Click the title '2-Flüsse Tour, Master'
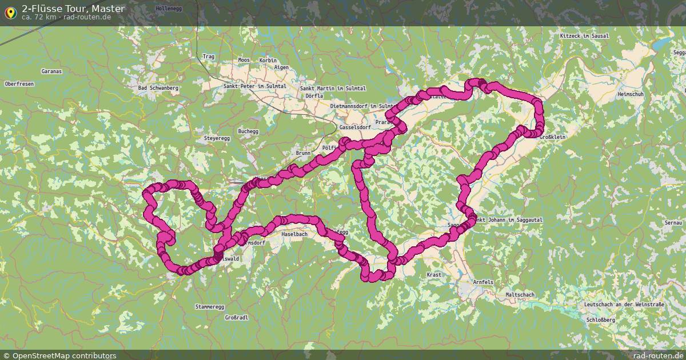73,8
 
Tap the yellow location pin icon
10,11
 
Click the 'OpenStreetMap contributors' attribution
64,355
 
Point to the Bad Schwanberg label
158,89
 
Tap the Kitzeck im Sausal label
584,36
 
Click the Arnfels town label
483,282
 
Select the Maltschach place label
520,295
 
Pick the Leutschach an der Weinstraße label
624,305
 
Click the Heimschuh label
631,94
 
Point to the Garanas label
51,71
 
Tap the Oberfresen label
19,84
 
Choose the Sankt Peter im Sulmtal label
255,86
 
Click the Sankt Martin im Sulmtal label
333,89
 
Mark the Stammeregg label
209,307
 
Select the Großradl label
236,318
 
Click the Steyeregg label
217,139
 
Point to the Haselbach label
295,235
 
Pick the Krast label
434,275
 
